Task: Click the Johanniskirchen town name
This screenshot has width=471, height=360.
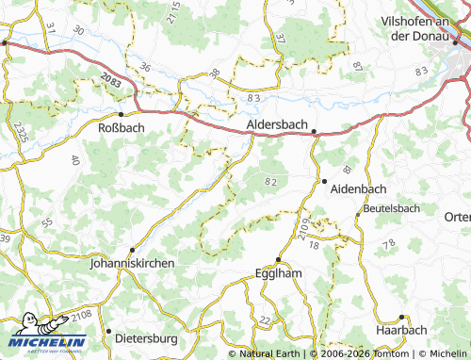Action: click(132, 265)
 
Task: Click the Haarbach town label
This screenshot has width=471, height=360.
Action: click(401, 331)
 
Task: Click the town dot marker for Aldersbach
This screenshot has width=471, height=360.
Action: click(315, 133)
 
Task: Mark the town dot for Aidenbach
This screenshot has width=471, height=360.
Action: click(323, 180)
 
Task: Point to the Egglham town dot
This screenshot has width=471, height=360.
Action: click(278, 259)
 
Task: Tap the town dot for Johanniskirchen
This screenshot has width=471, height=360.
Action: click(132, 251)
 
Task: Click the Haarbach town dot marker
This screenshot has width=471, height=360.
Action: click(401, 318)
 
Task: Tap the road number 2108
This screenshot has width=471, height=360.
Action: click(82, 314)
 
